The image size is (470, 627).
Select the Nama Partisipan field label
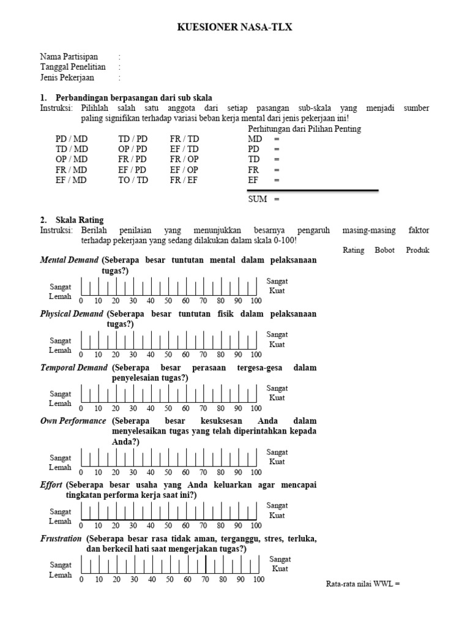(x=69, y=56)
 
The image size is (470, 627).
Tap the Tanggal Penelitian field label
(x=73, y=67)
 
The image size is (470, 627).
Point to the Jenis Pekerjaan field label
(x=67, y=78)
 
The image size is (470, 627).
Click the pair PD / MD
(x=72, y=139)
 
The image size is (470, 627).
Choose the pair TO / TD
(x=133, y=180)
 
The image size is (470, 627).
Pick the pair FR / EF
(x=184, y=180)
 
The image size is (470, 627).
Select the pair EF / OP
(x=184, y=170)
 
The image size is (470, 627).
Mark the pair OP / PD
(x=133, y=149)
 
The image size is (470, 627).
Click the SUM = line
(x=263, y=199)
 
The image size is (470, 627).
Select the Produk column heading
(x=418, y=250)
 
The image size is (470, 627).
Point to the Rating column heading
(x=353, y=250)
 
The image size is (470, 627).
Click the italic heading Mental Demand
(x=69, y=260)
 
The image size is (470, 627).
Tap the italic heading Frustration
(x=61, y=539)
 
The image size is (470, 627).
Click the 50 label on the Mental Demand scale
(x=168, y=301)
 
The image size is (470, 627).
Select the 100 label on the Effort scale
(x=256, y=525)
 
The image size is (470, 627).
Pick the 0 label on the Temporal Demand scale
(x=81, y=408)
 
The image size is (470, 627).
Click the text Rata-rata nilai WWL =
(x=363, y=584)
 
